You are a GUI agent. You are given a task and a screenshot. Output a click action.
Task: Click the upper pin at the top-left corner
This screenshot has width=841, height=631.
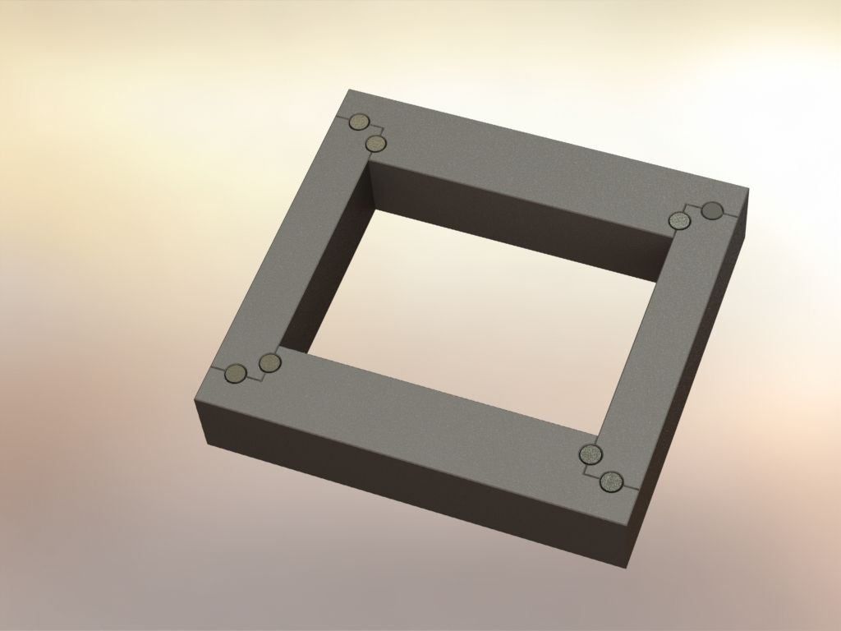coord(358,122)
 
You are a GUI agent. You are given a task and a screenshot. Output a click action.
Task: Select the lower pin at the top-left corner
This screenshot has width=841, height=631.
coord(376,144)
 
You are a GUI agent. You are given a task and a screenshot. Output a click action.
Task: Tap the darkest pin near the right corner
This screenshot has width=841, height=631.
coord(712,211)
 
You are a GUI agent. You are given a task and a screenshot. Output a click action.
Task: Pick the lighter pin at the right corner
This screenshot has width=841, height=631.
coord(679,220)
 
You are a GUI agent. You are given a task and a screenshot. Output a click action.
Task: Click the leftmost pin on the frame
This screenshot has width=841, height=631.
coord(236,375)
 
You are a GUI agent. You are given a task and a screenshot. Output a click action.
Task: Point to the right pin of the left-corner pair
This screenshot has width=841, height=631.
coord(269,362)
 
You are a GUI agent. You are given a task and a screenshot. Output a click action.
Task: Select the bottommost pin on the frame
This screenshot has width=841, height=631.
coord(611,481)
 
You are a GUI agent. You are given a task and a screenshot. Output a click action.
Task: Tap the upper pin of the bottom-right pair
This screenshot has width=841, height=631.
coord(590,454)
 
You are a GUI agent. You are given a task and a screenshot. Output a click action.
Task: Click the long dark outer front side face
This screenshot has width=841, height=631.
coord(411,477)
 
